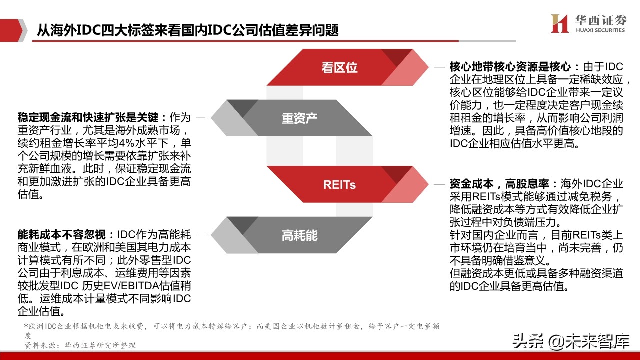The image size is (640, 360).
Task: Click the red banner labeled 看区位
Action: coord(339,68)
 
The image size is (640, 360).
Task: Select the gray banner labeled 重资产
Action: coord(299,118)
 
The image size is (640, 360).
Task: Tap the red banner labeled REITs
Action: coord(339,184)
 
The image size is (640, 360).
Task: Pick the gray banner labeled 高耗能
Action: coord(299,235)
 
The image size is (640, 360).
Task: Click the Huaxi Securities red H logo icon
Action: coord(560,23)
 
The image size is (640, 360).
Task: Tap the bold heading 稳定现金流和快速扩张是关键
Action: coord(88,118)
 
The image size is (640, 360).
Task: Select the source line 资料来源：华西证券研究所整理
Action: coord(80,345)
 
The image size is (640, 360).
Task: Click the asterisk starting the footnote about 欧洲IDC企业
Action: coord(26,326)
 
